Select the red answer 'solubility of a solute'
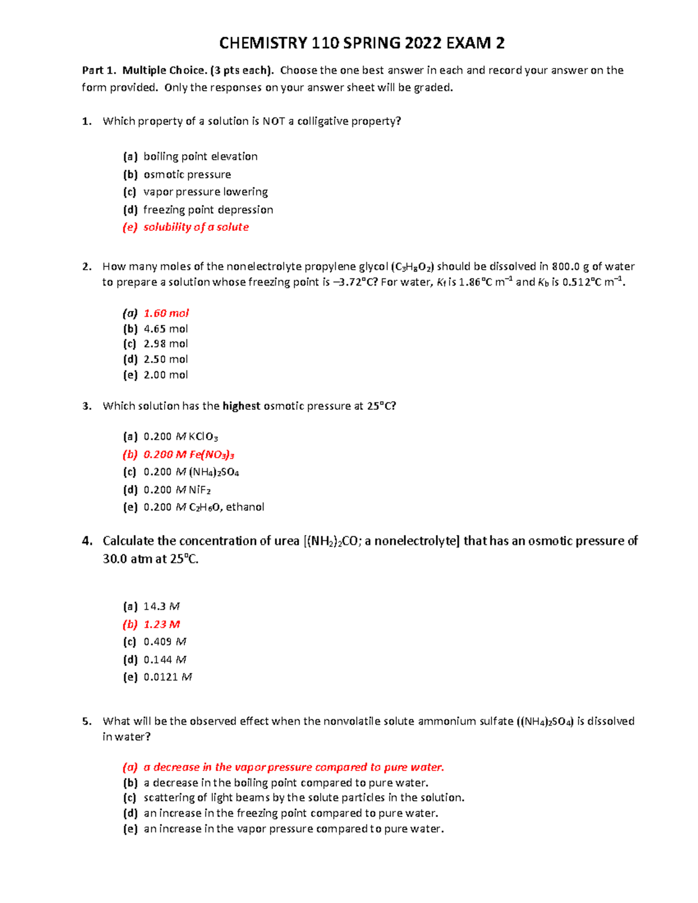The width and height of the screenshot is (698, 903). (196, 227)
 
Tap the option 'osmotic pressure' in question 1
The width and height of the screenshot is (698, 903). (187, 174)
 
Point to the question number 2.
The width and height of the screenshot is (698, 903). (87, 267)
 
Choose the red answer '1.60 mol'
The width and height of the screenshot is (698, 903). (166, 313)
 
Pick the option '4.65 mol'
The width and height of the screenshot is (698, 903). (166, 329)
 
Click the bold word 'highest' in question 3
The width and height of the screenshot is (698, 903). (241, 406)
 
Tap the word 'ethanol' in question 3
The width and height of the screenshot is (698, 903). (245, 507)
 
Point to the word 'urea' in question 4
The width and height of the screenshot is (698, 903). (287, 541)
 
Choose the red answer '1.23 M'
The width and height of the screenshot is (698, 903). (162, 624)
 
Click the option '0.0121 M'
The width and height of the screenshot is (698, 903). (168, 677)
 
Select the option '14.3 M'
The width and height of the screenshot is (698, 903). (162, 606)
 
